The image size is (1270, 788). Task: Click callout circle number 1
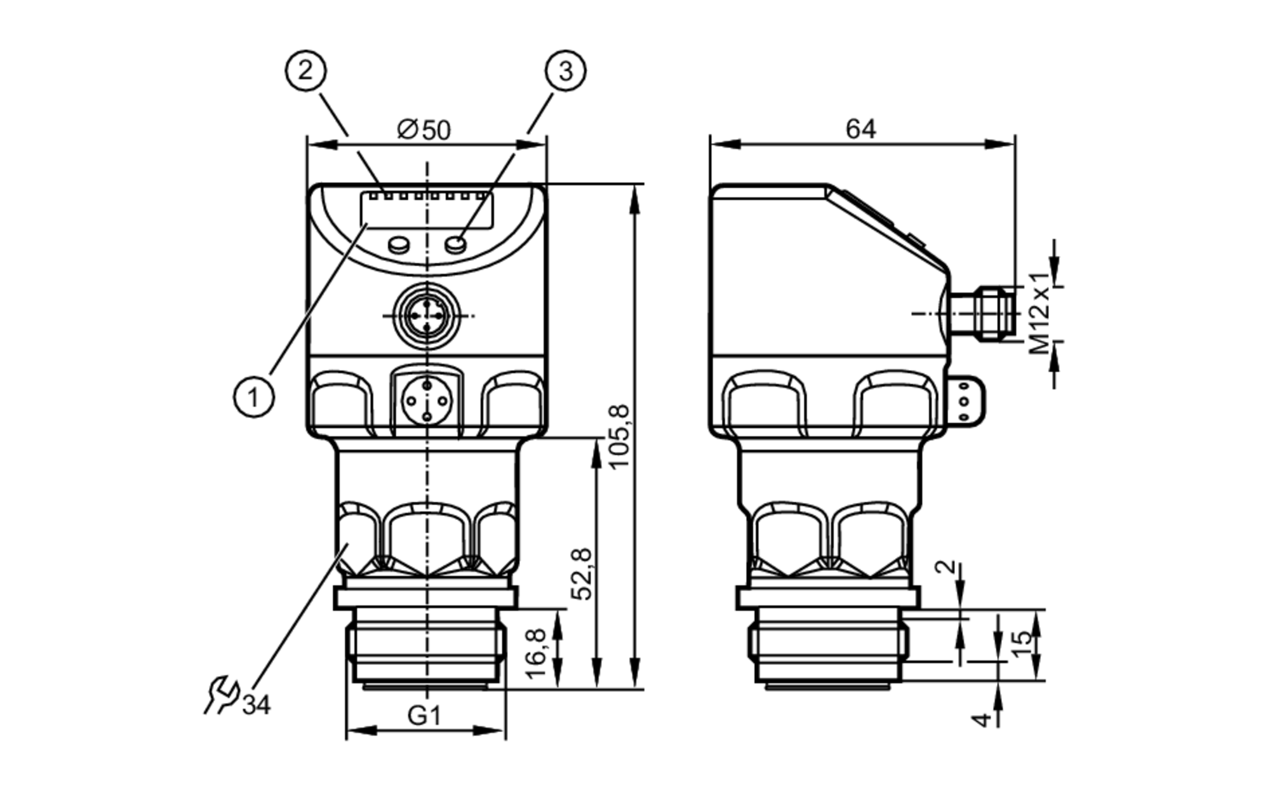(x=253, y=397)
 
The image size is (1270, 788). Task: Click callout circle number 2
(x=305, y=70)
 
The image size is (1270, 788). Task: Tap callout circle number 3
(x=565, y=70)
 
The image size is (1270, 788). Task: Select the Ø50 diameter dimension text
(x=424, y=130)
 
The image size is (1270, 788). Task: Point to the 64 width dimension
(x=860, y=129)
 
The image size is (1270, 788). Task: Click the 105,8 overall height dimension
(x=619, y=436)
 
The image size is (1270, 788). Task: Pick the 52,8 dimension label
(x=582, y=573)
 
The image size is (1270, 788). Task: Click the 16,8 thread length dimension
(x=536, y=653)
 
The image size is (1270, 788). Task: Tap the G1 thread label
(x=424, y=716)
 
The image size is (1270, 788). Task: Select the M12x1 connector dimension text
(x=1039, y=313)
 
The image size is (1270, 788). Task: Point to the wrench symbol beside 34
(x=220, y=696)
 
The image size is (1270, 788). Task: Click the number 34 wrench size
(x=257, y=705)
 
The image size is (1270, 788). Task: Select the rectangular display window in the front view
(x=427, y=210)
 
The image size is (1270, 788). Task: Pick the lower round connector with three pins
(x=427, y=401)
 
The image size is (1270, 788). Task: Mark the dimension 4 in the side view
(x=982, y=719)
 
